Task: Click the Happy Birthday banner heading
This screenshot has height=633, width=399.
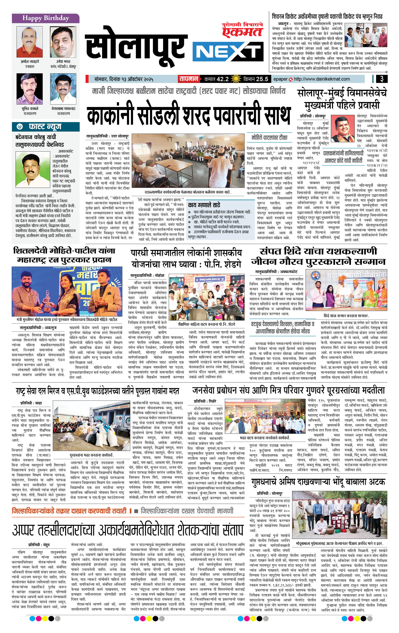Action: [46, 18]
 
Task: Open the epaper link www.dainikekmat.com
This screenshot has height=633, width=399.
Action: [322, 79]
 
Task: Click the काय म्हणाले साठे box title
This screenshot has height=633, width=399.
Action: [204, 205]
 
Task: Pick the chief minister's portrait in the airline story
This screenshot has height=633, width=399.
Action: [342, 129]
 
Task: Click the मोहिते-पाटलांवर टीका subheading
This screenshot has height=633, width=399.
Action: [269, 138]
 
